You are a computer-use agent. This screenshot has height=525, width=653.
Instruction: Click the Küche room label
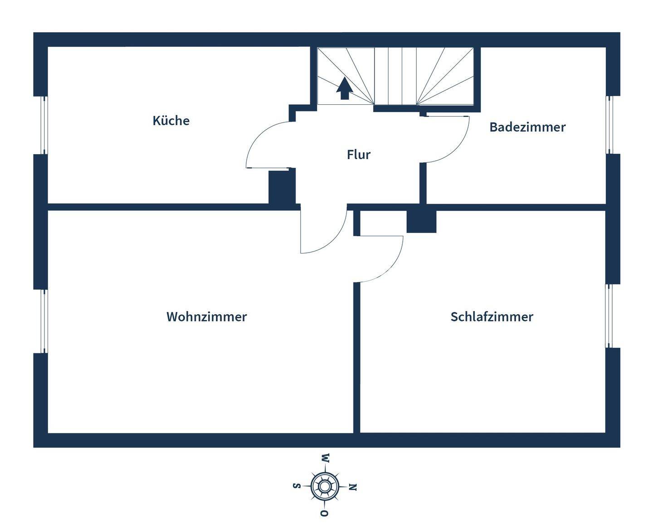click(171, 121)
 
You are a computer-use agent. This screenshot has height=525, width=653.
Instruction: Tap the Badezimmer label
click(527, 127)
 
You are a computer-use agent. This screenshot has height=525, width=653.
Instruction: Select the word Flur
click(359, 155)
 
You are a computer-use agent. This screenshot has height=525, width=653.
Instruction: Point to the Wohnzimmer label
click(206, 316)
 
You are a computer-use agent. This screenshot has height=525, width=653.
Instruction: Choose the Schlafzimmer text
click(492, 316)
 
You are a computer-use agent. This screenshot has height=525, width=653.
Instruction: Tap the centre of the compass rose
click(325, 486)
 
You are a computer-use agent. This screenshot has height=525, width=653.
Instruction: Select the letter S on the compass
click(297, 486)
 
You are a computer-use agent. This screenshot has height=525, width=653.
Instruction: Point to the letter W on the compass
click(326, 458)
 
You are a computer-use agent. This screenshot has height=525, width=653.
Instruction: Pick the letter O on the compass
click(324, 513)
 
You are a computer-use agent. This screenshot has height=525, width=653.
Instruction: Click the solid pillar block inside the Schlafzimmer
click(421, 222)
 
